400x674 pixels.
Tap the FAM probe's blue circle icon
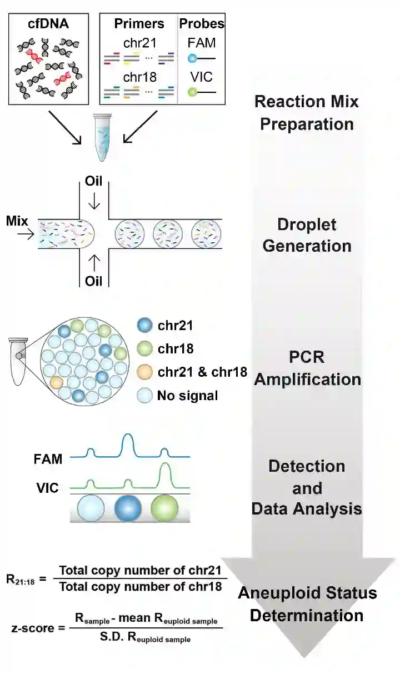click(192, 58)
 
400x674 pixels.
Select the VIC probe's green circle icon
click(192, 92)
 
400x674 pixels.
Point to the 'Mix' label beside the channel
click(17, 221)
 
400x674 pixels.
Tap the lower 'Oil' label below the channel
click(94, 281)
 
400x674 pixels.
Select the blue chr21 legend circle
click(144, 326)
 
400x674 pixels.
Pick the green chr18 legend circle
click(144, 349)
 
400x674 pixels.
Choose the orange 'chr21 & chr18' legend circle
click(144, 372)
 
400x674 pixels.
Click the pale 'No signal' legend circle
click(144, 396)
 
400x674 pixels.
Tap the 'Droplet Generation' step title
click(307, 234)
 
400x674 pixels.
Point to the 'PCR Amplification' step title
click(308, 367)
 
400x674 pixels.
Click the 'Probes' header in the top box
click(202, 24)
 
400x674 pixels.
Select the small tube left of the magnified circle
click(18, 361)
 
